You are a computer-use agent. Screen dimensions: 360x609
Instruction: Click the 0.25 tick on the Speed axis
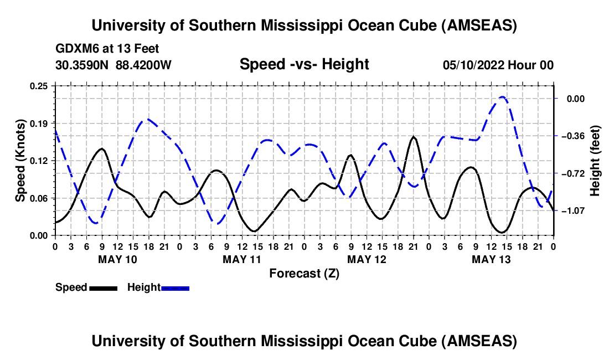(39, 86)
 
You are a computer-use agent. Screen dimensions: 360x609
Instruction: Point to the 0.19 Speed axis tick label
(39, 123)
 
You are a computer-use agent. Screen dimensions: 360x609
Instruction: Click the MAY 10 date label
(117, 259)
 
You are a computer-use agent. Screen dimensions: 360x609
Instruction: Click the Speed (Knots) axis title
(20, 160)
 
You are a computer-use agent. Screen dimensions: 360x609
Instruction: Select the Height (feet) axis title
(595, 161)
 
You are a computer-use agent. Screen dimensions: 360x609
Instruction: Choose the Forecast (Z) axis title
(304, 273)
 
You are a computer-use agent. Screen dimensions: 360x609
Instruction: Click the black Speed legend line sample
(103, 287)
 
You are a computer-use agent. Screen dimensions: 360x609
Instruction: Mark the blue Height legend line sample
(175, 287)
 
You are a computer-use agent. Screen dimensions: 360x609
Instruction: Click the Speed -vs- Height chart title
(304, 64)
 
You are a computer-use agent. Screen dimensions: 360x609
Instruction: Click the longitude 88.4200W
(143, 65)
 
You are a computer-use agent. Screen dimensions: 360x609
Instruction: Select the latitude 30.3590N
(83, 65)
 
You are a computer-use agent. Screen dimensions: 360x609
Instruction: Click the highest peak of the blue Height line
(502, 97)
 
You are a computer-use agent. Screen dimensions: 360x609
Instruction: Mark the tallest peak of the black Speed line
(413, 136)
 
